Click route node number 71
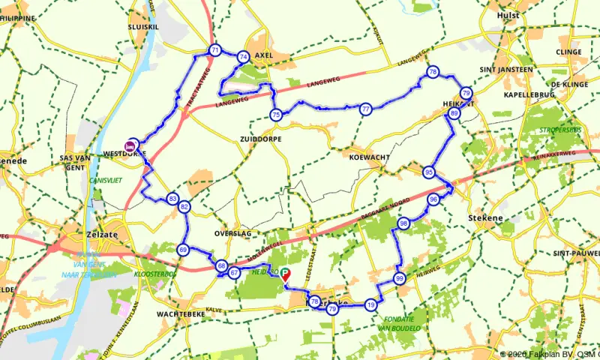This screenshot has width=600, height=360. point(215,51)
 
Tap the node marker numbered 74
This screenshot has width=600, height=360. point(243,57)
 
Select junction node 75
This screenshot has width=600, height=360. point(276,115)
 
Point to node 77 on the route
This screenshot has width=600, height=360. point(365,109)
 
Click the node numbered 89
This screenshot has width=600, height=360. point(454,113)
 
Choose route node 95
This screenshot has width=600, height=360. point(429,172)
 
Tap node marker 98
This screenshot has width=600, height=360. point(404,223)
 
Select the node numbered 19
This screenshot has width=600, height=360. point(370,305)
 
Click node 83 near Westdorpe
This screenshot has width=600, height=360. point(173,199)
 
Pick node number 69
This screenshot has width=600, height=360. point(183,250)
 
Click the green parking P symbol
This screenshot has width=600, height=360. point(286,274)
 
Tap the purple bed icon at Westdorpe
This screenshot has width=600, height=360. point(133,144)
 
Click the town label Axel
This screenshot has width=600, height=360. point(265,56)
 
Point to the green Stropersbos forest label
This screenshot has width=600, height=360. point(560,130)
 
